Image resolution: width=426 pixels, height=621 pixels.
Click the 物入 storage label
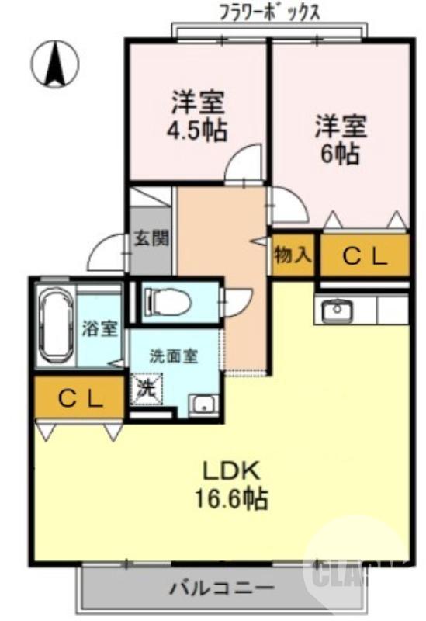pyautogui.click(x=293, y=255)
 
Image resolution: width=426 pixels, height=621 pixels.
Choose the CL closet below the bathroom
pyautogui.click(x=80, y=399)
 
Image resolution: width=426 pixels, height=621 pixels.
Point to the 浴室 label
pyautogui.click(x=100, y=328)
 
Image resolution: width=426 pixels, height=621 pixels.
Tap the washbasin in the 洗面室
pyautogui.click(x=203, y=404)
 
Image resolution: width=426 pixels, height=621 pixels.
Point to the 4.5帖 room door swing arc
pyautogui.click(x=242, y=164)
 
